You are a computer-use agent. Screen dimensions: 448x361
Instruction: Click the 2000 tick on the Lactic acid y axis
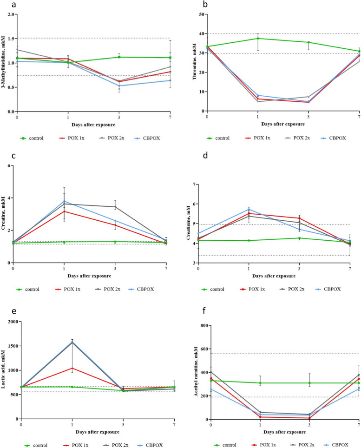click(x=10, y=322)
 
